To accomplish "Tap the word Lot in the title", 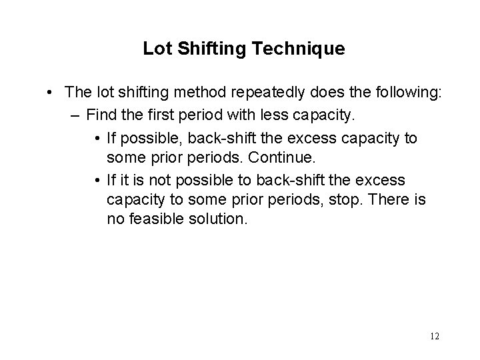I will (x=155, y=49).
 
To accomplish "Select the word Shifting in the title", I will (x=207, y=49).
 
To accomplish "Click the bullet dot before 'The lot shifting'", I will (x=51, y=93).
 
